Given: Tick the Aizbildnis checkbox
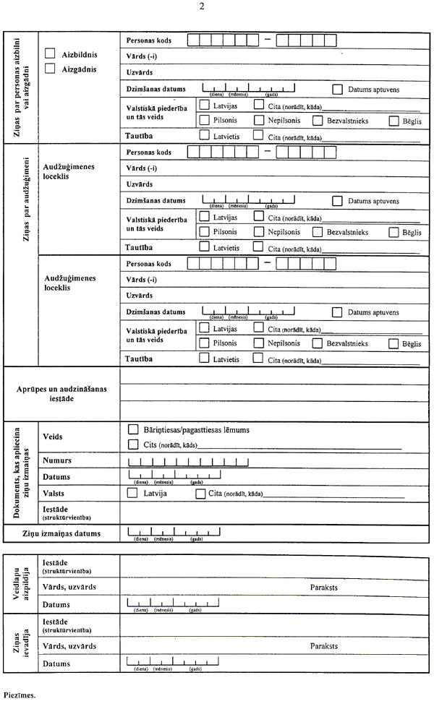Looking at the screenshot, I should [x=50, y=53].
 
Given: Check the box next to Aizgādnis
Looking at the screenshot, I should [x=50, y=69].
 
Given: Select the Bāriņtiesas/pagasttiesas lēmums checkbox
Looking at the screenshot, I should [x=132, y=429].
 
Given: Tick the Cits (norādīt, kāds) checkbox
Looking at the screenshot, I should [x=132, y=444].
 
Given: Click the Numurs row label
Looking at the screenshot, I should [x=57, y=460].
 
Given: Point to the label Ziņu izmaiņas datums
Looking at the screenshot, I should [x=61, y=534].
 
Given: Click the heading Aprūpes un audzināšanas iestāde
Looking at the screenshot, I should [x=61, y=393].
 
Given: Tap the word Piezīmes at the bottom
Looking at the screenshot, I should [x=25, y=697].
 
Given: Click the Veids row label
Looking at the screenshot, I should [x=52, y=437].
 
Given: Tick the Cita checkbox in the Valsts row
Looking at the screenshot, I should [x=201, y=494].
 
